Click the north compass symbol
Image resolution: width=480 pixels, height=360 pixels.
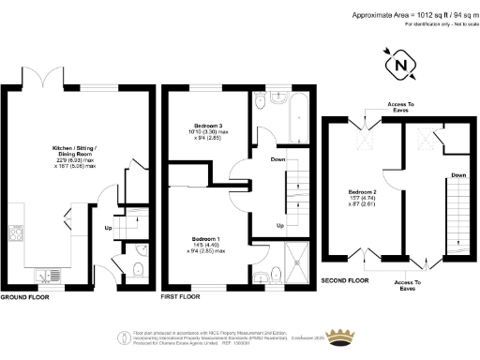402,66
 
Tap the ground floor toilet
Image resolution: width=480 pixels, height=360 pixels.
137,272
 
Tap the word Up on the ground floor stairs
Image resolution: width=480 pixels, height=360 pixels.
108,227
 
